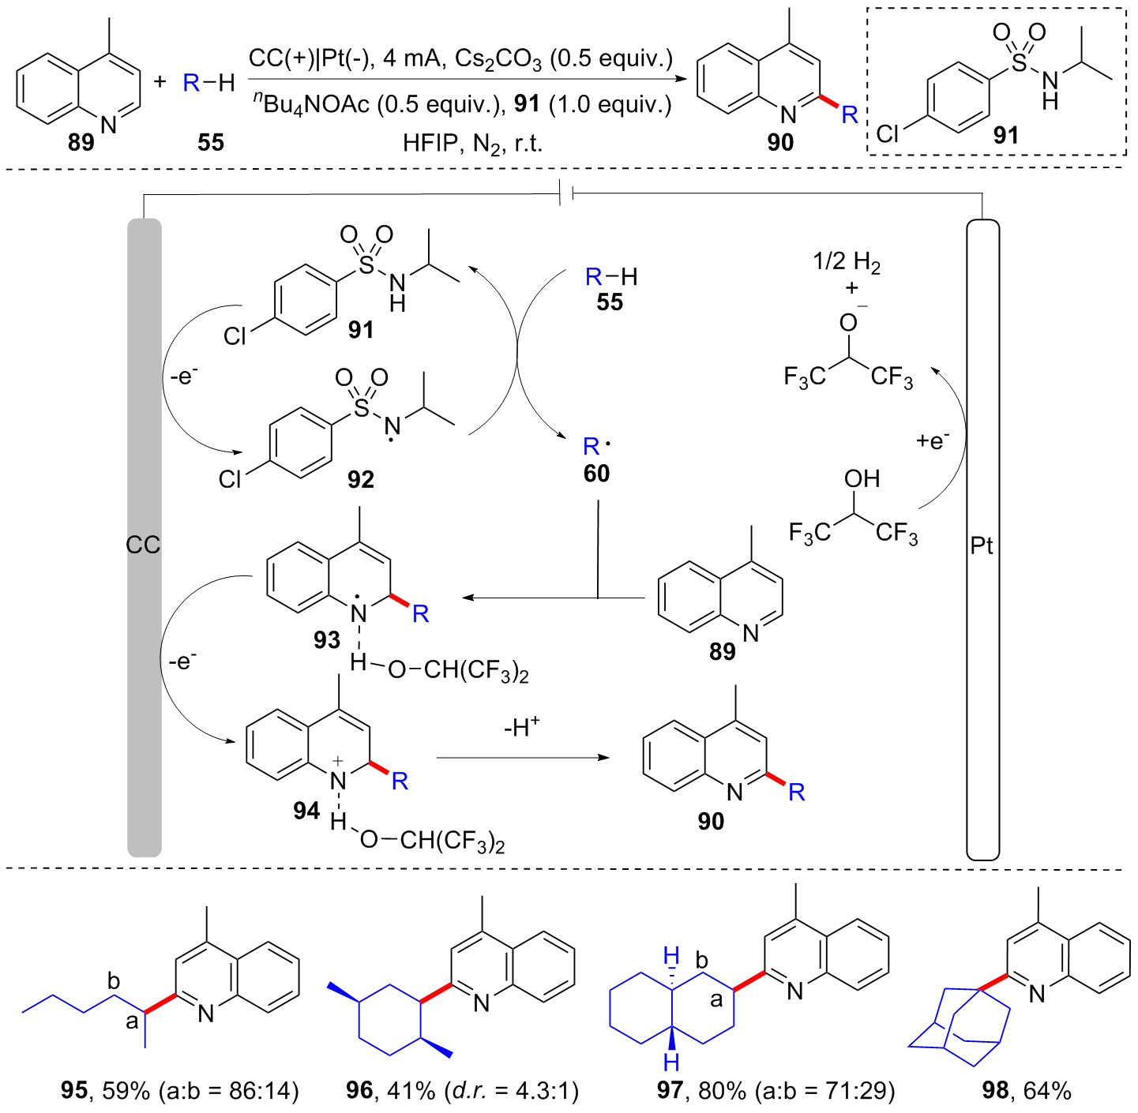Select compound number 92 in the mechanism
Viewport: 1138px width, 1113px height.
[x=361, y=479]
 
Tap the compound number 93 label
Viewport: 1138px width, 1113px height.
[x=326, y=639]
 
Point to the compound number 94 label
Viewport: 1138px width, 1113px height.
[x=306, y=811]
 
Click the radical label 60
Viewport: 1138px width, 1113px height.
[x=597, y=474]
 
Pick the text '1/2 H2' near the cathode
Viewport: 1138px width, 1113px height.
[x=846, y=262]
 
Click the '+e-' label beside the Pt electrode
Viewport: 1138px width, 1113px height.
[x=933, y=440]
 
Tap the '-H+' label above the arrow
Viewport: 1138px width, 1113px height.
[x=521, y=727]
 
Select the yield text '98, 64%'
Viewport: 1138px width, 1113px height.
[x=1027, y=1091]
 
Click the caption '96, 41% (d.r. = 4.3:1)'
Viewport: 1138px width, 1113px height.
[x=463, y=1091]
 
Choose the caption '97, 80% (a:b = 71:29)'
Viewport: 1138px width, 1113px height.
[x=776, y=1091]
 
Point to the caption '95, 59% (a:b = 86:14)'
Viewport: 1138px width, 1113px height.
[x=180, y=1091]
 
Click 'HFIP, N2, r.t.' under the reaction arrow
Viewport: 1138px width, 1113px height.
[x=472, y=143]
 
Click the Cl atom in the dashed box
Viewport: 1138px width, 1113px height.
[x=888, y=133]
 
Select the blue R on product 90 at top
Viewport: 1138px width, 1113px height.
[x=850, y=115]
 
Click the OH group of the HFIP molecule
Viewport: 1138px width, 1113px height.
[x=862, y=478]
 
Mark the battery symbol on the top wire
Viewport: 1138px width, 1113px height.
[x=565, y=193]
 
